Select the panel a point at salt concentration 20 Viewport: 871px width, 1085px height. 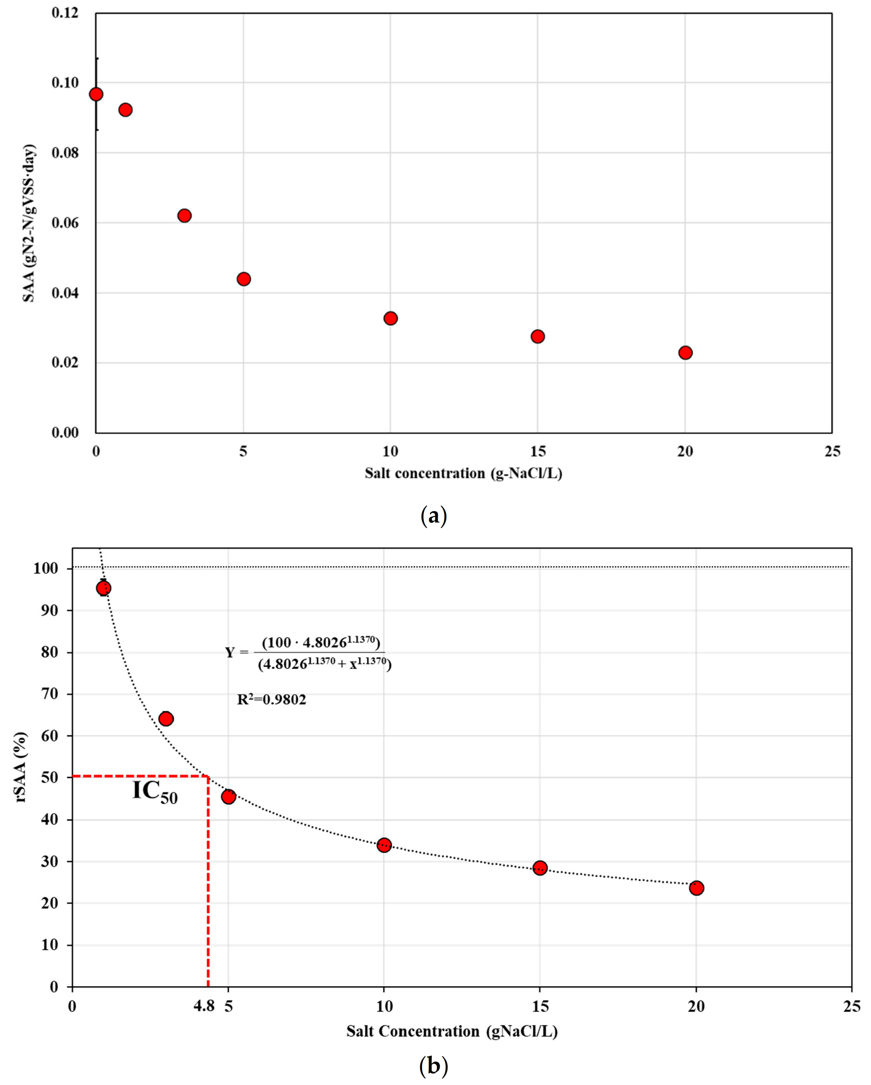coord(685,352)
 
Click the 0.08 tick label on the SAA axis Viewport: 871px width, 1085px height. coord(65,152)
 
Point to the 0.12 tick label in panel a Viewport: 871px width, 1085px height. coord(65,13)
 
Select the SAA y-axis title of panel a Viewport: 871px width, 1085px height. coord(29,223)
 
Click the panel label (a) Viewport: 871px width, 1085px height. coord(433,516)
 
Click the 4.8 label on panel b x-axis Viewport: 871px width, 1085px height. coord(204,1006)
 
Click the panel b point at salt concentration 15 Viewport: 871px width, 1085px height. coord(540,868)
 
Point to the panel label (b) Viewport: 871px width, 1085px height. coord(433,1066)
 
